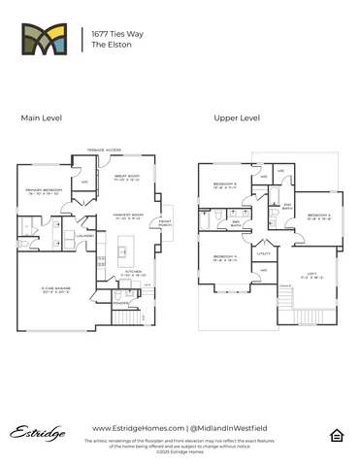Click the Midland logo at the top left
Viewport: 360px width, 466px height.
tap(46, 40)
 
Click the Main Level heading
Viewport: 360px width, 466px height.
tap(42, 117)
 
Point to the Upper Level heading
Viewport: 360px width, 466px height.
tap(237, 117)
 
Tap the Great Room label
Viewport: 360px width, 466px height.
tap(127, 177)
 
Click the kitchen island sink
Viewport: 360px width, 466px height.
tap(122, 253)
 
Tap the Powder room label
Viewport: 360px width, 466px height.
tap(121, 302)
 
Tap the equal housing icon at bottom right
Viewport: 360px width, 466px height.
tap(337, 433)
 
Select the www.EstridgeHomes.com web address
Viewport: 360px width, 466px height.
tap(136, 428)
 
